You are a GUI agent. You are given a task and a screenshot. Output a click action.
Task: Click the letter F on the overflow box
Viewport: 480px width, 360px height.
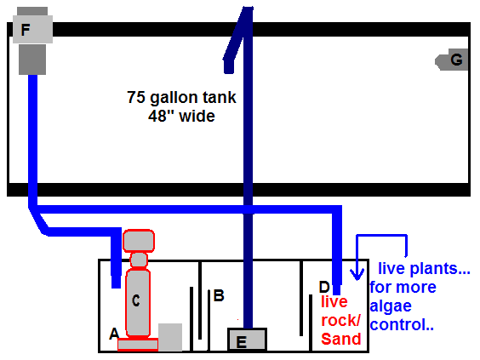coord(26,30)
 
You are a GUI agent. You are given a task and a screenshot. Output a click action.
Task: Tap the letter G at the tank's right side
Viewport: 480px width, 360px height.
coord(456,60)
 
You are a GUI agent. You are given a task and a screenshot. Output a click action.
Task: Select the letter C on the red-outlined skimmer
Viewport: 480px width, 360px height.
coord(136,300)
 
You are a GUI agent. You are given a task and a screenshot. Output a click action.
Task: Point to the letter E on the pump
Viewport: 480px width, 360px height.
coord(242,342)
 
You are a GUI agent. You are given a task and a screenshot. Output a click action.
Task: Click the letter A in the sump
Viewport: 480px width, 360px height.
coord(114,334)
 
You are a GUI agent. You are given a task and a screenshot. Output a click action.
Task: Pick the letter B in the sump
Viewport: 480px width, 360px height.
coord(219,295)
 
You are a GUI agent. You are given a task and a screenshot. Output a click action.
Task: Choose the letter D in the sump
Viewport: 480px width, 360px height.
coord(324,287)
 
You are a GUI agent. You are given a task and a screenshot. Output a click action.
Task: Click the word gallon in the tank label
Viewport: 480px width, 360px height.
coord(169,98)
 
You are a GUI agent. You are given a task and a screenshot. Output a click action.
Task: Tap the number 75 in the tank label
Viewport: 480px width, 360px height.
coord(136,97)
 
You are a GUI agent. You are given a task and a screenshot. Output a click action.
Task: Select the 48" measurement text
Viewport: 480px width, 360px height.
coord(159,116)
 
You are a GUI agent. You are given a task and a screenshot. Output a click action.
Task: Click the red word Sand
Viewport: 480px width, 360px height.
coord(341,339)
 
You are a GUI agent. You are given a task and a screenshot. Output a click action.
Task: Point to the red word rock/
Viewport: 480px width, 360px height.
coord(340,321)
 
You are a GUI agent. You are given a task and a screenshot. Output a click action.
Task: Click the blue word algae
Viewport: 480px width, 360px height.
coord(391,306)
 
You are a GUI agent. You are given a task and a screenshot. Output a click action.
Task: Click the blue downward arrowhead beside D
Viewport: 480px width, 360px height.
coord(357,274)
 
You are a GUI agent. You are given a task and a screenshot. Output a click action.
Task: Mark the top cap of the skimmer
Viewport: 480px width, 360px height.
coord(139,241)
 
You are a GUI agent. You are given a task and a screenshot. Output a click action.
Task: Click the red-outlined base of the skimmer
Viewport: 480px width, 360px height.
coord(138,345)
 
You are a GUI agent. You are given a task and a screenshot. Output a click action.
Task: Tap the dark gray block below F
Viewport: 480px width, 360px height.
coord(32,60)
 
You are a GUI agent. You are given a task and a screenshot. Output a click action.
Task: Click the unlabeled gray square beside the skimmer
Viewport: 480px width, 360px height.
coord(170,337)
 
